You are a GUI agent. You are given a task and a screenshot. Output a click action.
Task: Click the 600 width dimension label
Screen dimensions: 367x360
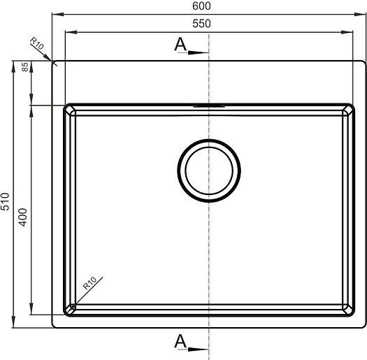pyautogui.click(x=201, y=6)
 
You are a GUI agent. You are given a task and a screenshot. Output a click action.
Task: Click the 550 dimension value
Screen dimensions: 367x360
pyautogui.click(x=201, y=24)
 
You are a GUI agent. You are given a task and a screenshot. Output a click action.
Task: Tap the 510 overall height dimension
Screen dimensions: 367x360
pyautogui.click(x=5, y=201)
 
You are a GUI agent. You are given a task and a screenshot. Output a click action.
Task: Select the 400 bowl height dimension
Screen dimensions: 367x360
pyautogui.click(x=23, y=217)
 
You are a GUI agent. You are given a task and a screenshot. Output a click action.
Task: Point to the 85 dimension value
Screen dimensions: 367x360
pyautogui.click(x=24, y=67)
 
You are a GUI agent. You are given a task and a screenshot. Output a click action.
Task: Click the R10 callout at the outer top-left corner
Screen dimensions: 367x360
pyautogui.click(x=37, y=43)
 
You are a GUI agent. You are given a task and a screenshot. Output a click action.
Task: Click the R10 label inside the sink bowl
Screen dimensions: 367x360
pyautogui.click(x=89, y=283)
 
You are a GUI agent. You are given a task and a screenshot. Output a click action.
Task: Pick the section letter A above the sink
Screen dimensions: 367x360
pyautogui.click(x=180, y=44)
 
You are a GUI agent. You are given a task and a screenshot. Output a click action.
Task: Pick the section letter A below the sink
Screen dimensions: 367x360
pyautogui.click(x=180, y=341)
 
